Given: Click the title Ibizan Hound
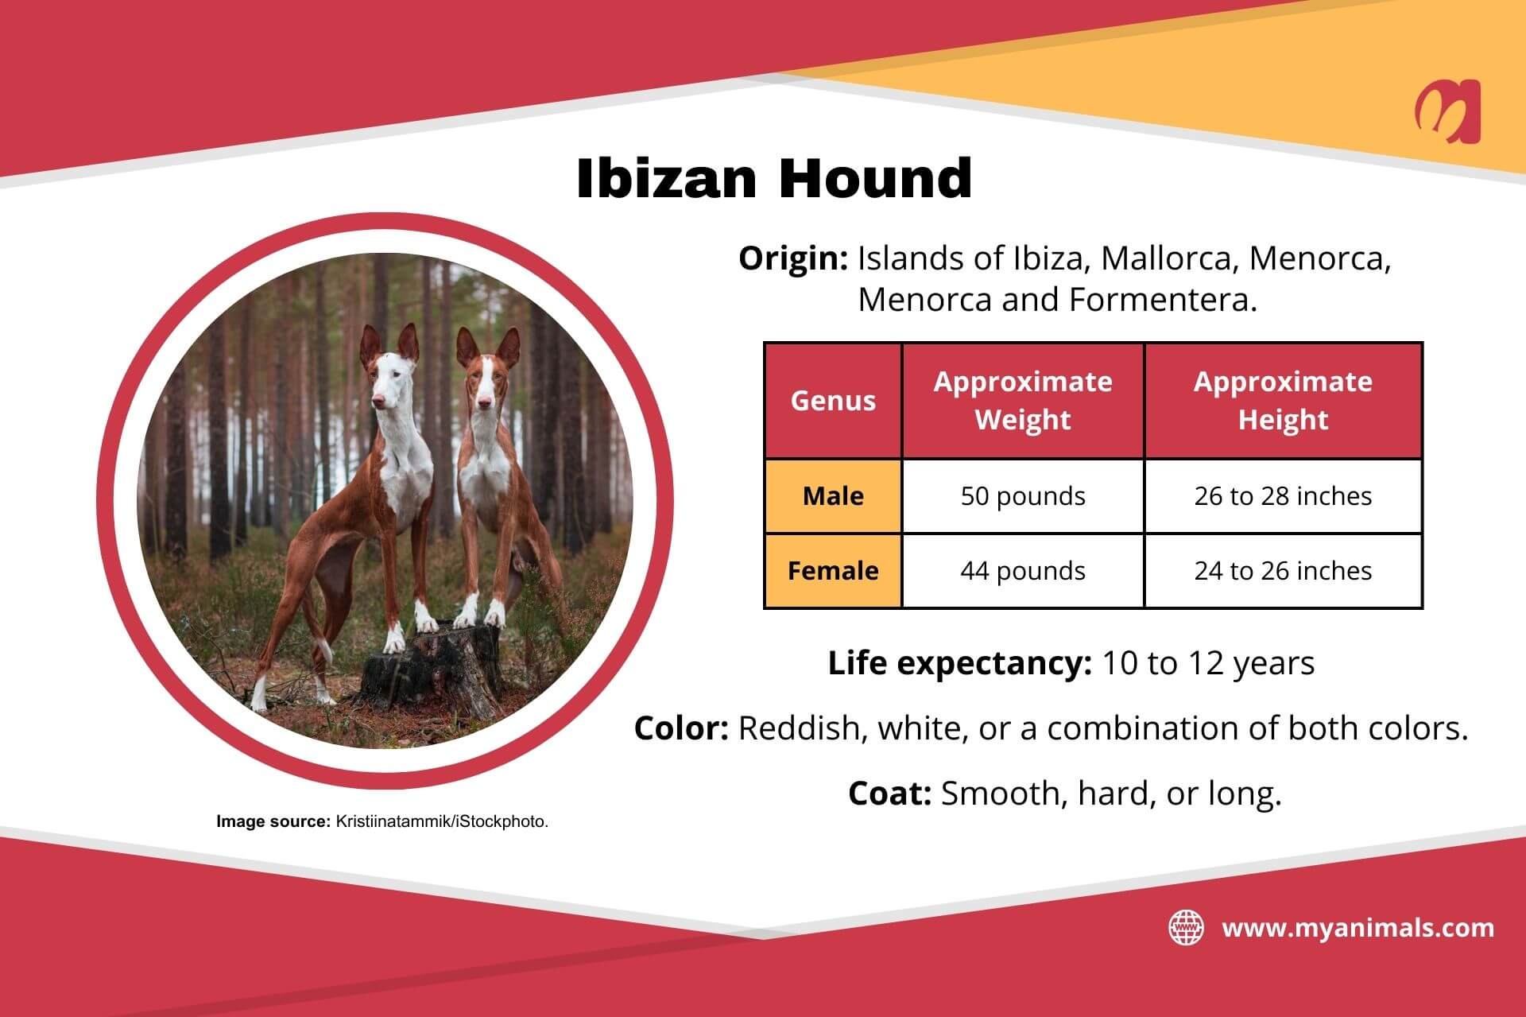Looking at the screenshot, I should [x=774, y=177].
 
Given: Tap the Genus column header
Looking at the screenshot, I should [x=833, y=401].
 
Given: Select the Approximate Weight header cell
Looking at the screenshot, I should [x=1023, y=401].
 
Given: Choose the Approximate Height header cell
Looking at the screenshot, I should [x=1283, y=401].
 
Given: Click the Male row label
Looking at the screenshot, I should [x=833, y=496].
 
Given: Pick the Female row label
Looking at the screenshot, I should [x=833, y=571].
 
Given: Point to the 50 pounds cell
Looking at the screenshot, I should [x=1023, y=496].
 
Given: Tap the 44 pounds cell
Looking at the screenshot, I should [x=1023, y=571].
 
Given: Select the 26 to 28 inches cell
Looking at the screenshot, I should [x=1283, y=496].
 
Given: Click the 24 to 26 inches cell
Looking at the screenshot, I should [x=1283, y=571].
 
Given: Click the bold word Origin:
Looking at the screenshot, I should [x=793, y=258].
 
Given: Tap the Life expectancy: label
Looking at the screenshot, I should [x=959, y=663].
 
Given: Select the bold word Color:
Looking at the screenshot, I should [x=681, y=728].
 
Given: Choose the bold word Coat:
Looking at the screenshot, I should [x=889, y=794].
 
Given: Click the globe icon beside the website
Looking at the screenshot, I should [x=1186, y=928].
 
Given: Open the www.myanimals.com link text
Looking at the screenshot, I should [x=1358, y=928].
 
